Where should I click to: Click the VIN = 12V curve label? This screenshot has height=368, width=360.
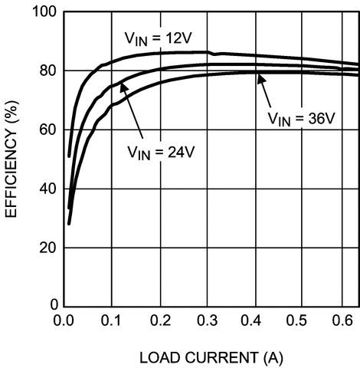click(162, 38)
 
